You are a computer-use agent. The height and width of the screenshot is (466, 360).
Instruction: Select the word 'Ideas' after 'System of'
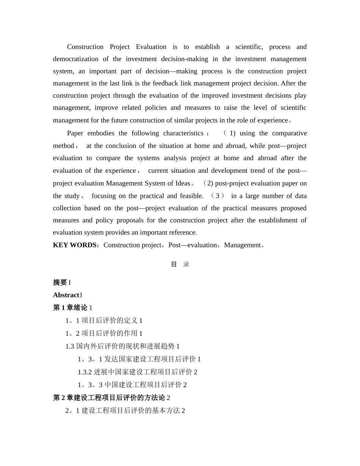pos(182,183)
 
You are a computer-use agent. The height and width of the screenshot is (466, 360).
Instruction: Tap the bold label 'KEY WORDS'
pos(75,245)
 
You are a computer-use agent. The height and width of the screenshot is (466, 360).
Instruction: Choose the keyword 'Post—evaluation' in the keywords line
pos(193,245)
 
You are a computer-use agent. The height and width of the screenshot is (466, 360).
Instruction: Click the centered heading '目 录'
pos(180,264)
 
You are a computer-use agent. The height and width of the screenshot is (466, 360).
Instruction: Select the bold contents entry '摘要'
pos(60,283)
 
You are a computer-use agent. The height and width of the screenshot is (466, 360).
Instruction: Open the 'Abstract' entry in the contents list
pos(66,295)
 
